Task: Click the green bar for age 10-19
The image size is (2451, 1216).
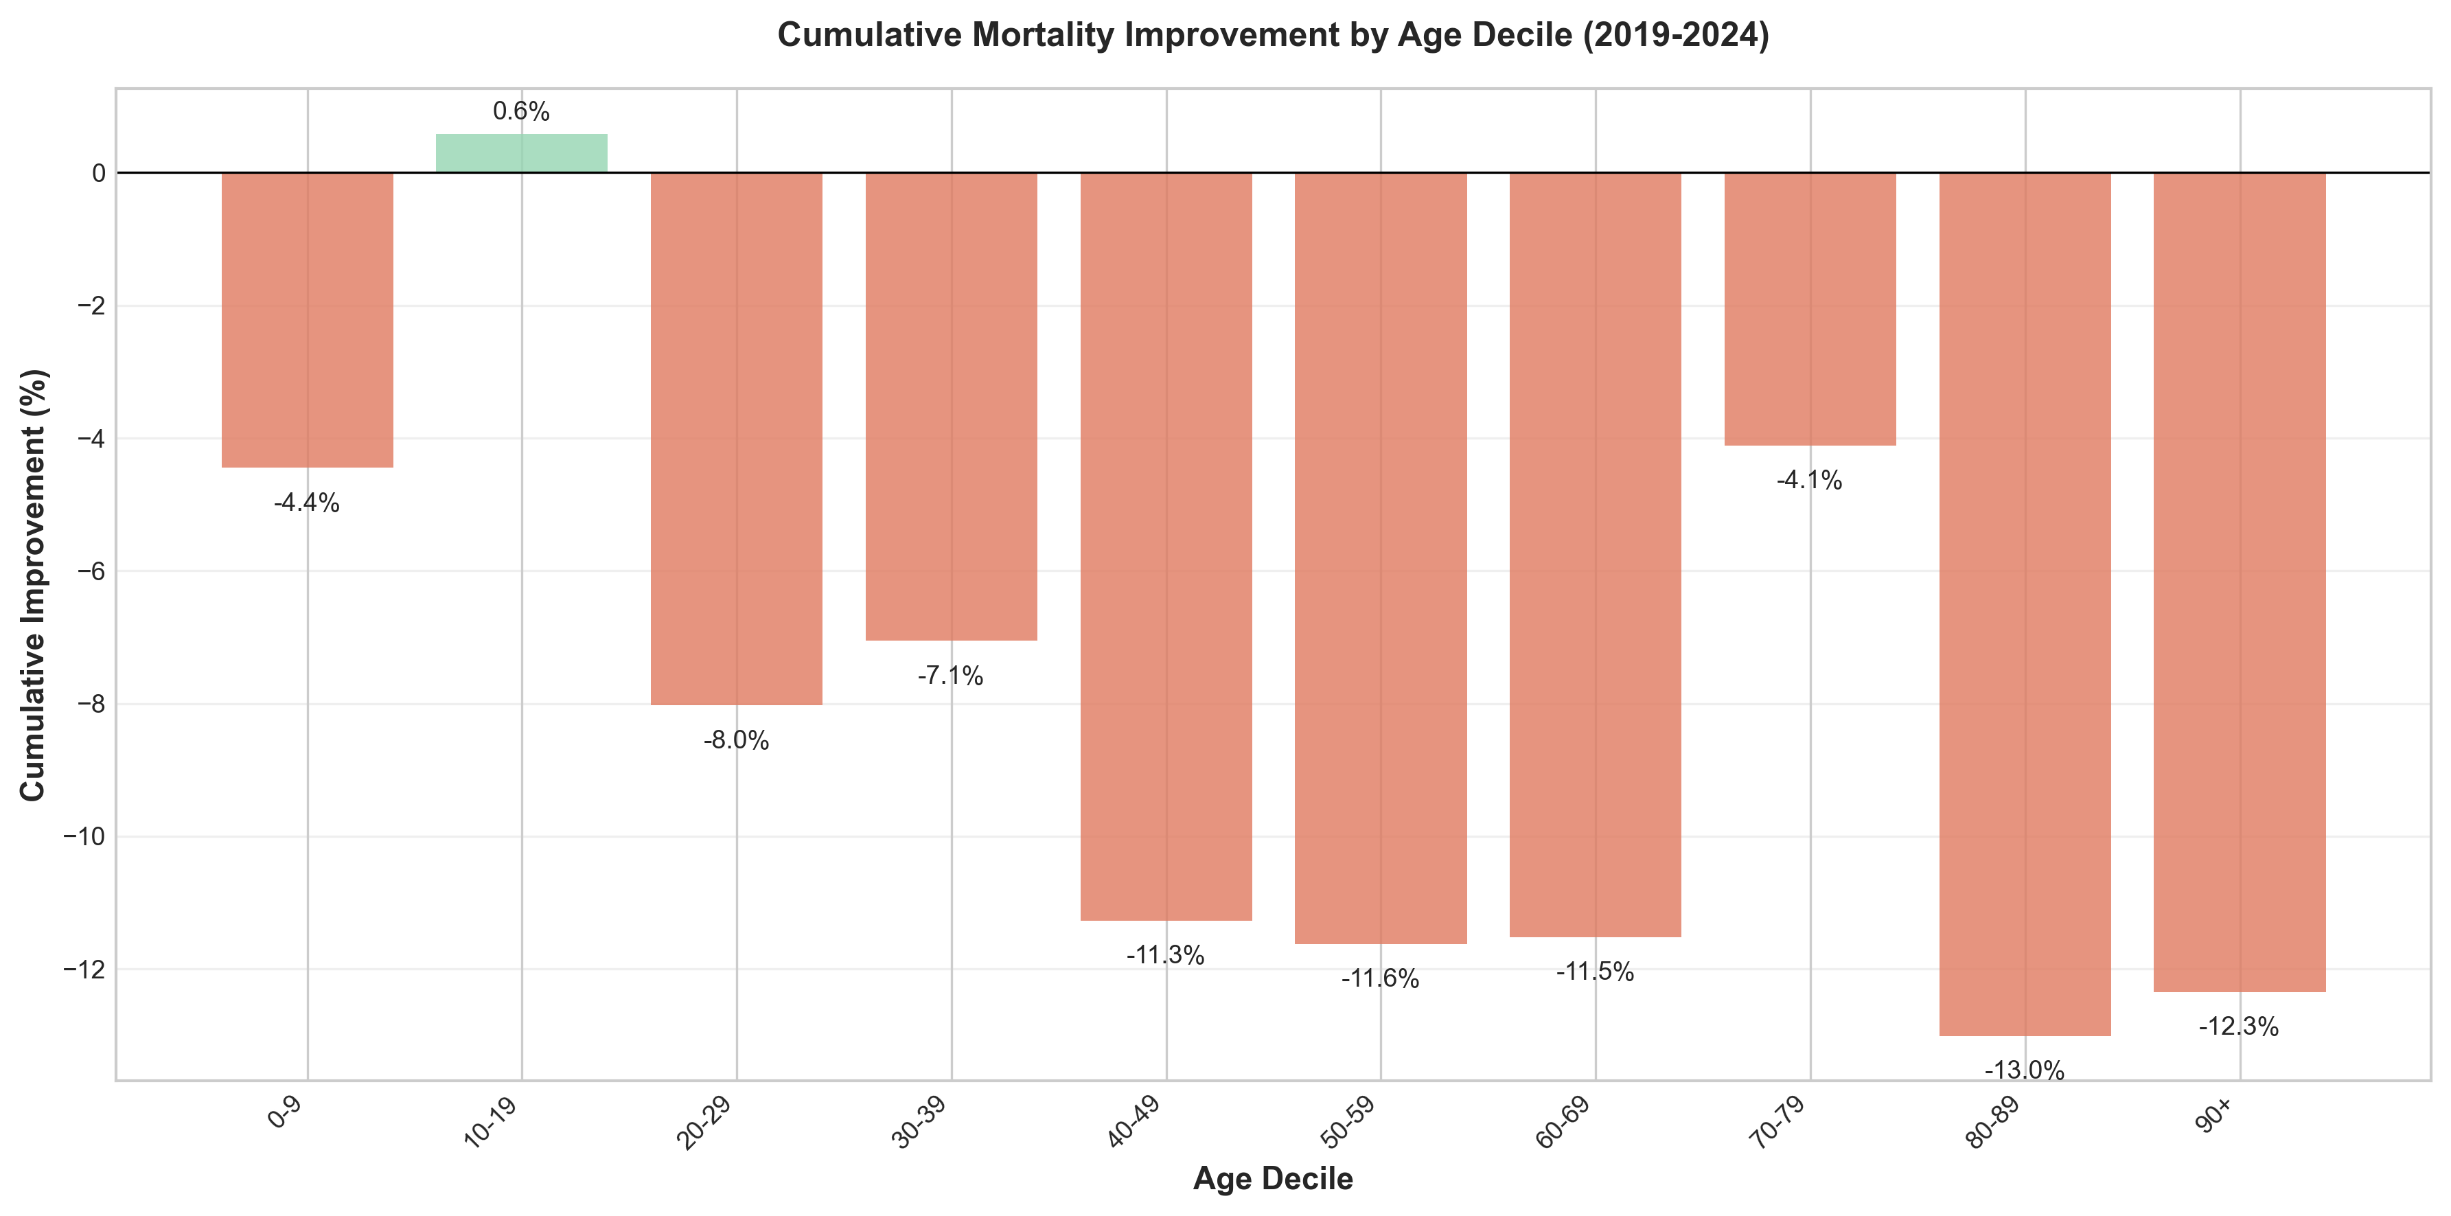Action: pyautogui.click(x=521, y=153)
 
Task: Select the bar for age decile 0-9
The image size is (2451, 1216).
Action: pyautogui.click(x=308, y=320)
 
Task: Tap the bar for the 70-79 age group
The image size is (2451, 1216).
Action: pyautogui.click(x=1810, y=308)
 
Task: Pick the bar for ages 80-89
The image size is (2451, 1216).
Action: pyautogui.click(x=2025, y=604)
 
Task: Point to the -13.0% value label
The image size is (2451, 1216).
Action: pyautogui.click(x=2025, y=1070)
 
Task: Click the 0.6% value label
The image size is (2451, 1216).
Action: pyautogui.click(x=521, y=111)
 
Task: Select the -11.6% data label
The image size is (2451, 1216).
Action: pyautogui.click(x=1381, y=978)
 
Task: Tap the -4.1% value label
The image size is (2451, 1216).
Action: pyautogui.click(x=1810, y=481)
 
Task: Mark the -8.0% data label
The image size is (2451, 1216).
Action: pyautogui.click(x=737, y=740)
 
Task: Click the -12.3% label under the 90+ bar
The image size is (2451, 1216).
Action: pyautogui.click(x=2239, y=1026)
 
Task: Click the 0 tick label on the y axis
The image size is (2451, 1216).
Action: pyautogui.click(x=99, y=173)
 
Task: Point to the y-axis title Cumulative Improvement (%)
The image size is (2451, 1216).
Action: pyautogui.click(x=34, y=584)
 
